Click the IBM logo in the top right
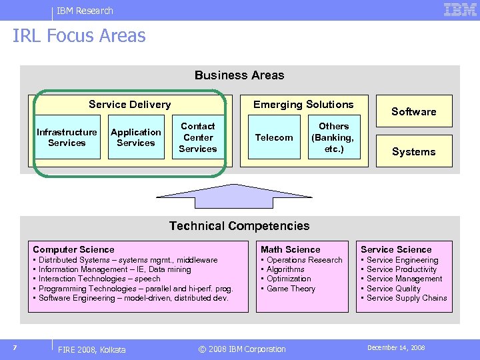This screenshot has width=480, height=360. pyautogui.click(x=460, y=9)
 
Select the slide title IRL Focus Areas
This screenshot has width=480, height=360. pyautogui.click(x=79, y=36)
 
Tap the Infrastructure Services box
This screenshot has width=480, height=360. pyautogui.click(x=67, y=138)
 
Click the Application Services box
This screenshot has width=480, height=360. pyautogui.click(x=136, y=138)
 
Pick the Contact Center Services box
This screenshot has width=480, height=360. pyautogui.click(x=198, y=137)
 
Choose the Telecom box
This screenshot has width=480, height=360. pyautogui.click(x=274, y=138)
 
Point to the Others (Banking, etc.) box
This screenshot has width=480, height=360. pyautogui.click(x=334, y=138)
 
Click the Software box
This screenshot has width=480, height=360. pyautogui.click(x=413, y=112)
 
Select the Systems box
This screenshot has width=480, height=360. pyautogui.click(x=413, y=152)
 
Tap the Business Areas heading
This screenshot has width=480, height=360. pyautogui.click(x=239, y=75)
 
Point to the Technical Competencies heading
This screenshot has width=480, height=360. pyautogui.click(x=239, y=226)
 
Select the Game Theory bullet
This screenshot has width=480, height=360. pyautogui.click(x=291, y=289)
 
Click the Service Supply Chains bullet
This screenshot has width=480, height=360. pyautogui.click(x=407, y=298)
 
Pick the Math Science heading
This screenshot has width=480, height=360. pyautogui.click(x=291, y=249)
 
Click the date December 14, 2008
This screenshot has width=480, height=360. pyautogui.click(x=396, y=348)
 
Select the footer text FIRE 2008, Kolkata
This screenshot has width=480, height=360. pyautogui.click(x=92, y=349)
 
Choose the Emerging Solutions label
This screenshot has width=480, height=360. pyautogui.click(x=303, y=105)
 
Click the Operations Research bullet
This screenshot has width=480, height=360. pyautogui.click(x=304, y=260)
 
